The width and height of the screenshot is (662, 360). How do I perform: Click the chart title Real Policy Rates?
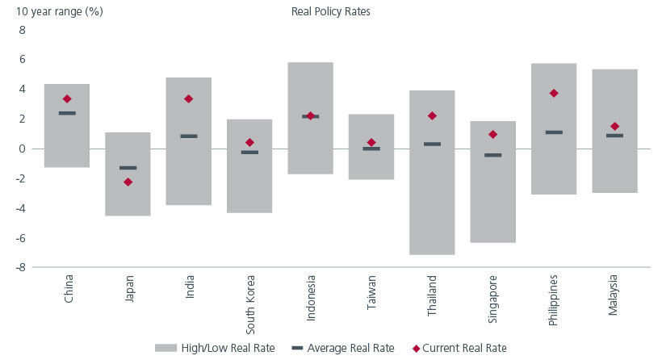pyautogui.click(x=329, y=11)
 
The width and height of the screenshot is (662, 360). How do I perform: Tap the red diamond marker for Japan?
pyautogui.click(x=128, y=182)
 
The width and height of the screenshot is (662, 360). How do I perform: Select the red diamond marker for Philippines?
pyautogui.click(x=554, y=94)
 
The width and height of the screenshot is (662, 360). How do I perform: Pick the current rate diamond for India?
pyautogui.click(x=188, y=99)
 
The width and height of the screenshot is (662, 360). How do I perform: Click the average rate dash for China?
pyautogui.click(x=67, y=113)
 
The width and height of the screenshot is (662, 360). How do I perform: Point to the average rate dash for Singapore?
pyautogui.click(x=493, y=155)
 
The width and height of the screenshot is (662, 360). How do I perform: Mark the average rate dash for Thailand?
pyautogui.click(x=432, y=144)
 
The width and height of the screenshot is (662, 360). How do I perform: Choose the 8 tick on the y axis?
pyautogui.click(x=23, y=31)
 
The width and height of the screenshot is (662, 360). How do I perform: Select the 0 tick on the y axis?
pyautogui.click(x=23, y=149)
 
